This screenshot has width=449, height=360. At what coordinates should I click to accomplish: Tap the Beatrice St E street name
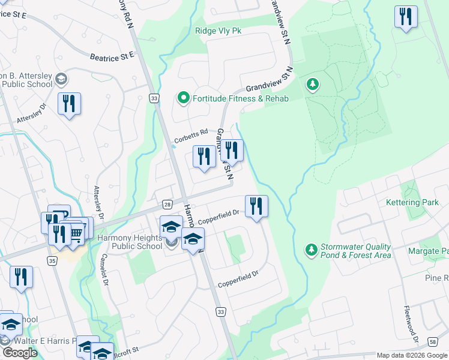point(111,57)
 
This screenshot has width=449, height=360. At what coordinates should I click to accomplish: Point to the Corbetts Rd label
point(191,136)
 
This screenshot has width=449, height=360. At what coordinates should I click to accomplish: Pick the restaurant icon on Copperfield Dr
point(256,206)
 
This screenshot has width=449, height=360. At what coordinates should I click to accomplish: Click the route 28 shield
point(167,205)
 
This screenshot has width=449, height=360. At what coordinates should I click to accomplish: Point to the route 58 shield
point(433,342)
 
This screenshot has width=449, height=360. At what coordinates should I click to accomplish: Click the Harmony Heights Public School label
point(130,242)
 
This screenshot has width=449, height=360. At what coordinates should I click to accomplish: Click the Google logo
point(20,353)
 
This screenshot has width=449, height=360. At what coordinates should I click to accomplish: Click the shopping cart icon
point(76,232)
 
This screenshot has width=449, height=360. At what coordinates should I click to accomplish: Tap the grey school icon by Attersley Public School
point(61,79)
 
